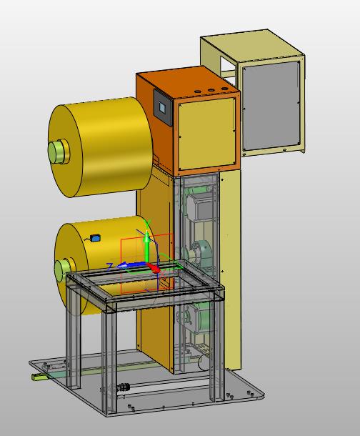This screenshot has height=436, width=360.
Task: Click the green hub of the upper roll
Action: click(58, 152)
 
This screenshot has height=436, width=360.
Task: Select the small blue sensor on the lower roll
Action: click(96, 238)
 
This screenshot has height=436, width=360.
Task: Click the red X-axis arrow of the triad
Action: click(154, 268)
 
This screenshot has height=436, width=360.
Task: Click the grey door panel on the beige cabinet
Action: click(271, 106)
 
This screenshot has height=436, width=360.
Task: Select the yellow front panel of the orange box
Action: click(207, 134)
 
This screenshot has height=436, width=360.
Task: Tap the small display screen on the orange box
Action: click(162, 107)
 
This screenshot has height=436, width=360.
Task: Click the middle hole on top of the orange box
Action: click(211, 90)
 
